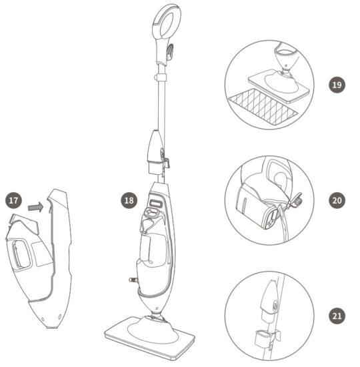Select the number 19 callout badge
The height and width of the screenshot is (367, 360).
(x=337, y=85)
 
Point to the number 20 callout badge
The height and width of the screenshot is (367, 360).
(x=337, y=200)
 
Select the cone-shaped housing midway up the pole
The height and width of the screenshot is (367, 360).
(x=155, y=147)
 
